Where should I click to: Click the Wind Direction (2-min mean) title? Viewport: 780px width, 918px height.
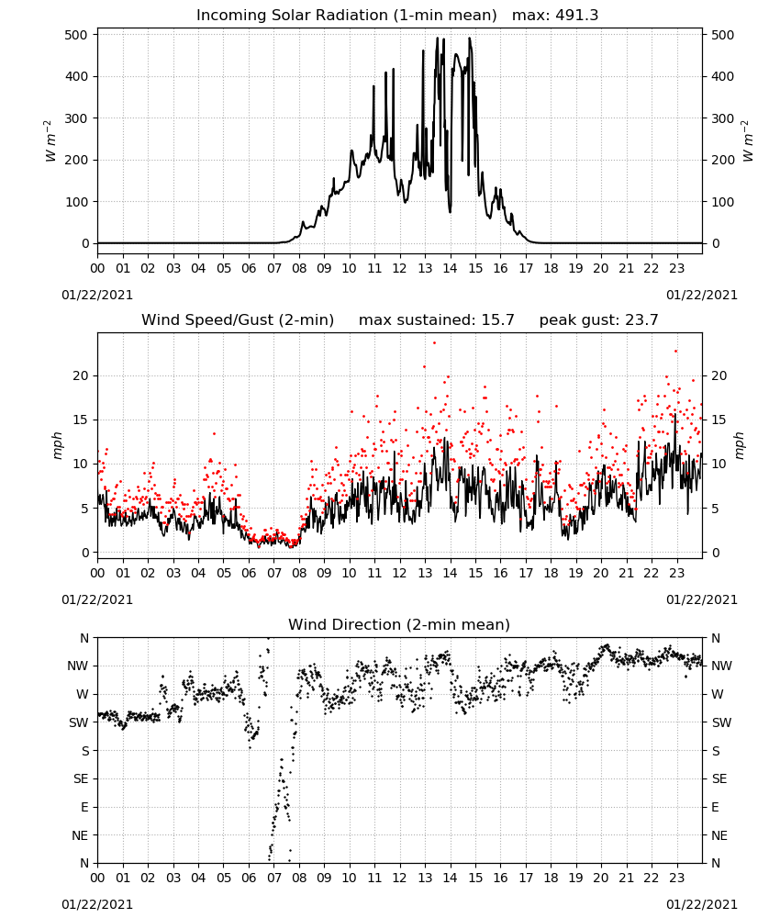[399, 624]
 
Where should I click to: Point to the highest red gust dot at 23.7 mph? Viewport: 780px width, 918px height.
[434, 343]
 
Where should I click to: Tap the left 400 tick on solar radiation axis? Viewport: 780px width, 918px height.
[77, 77]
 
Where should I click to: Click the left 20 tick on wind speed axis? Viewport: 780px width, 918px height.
[81, 375]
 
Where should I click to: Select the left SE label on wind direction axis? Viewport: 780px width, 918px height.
[81, 779]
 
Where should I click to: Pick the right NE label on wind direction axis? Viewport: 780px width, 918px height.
[719, 835]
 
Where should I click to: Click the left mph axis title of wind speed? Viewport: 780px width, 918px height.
[57, 445]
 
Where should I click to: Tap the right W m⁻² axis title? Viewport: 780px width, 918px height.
[749, 141]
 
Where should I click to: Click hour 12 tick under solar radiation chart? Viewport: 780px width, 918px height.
[400, 269]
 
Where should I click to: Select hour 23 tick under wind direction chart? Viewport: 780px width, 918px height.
[677, 879]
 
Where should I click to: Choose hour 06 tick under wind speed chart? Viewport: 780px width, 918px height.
[249, 573]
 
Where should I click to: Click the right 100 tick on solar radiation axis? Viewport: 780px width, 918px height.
[723, 202]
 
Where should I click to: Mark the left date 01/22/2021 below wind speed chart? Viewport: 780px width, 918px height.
[97, 599]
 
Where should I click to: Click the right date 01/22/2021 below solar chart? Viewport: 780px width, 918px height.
[702, 295]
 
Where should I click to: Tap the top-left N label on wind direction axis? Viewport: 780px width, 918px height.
[84, 639]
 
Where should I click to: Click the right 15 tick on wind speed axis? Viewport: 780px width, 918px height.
[719, 420]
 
